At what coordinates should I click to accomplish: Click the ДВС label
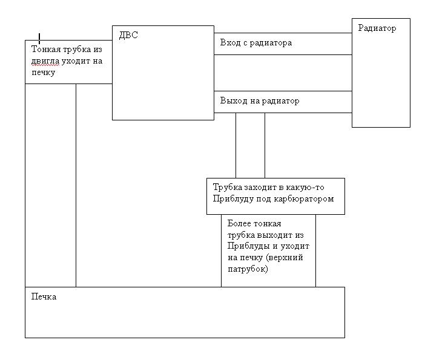point(128,35)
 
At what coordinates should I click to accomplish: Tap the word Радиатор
point(377,28)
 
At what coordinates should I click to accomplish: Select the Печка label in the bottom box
point(44,296)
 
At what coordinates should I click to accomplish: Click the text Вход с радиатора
point(256,43)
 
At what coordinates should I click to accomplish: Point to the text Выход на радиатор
point(260,101)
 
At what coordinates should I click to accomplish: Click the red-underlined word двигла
point(45,61)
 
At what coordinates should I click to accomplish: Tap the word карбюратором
point(304,199)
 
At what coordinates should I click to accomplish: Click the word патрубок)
point(248,269)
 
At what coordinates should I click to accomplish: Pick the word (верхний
point(285,257)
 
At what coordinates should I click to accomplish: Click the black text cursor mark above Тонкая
point(39,39)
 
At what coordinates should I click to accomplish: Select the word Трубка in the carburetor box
point(228,187)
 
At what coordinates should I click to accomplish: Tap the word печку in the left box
point(44,73)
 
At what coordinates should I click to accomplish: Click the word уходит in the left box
point(76,61)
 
